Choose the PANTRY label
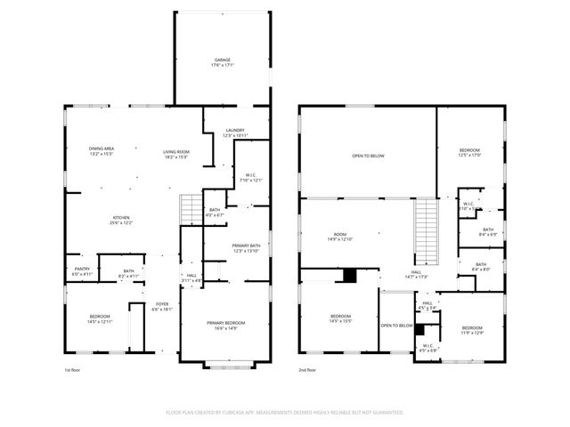click(x=80, y=272)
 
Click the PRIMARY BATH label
click(x=246, y=248)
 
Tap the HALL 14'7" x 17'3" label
click(x=416, y=275)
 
